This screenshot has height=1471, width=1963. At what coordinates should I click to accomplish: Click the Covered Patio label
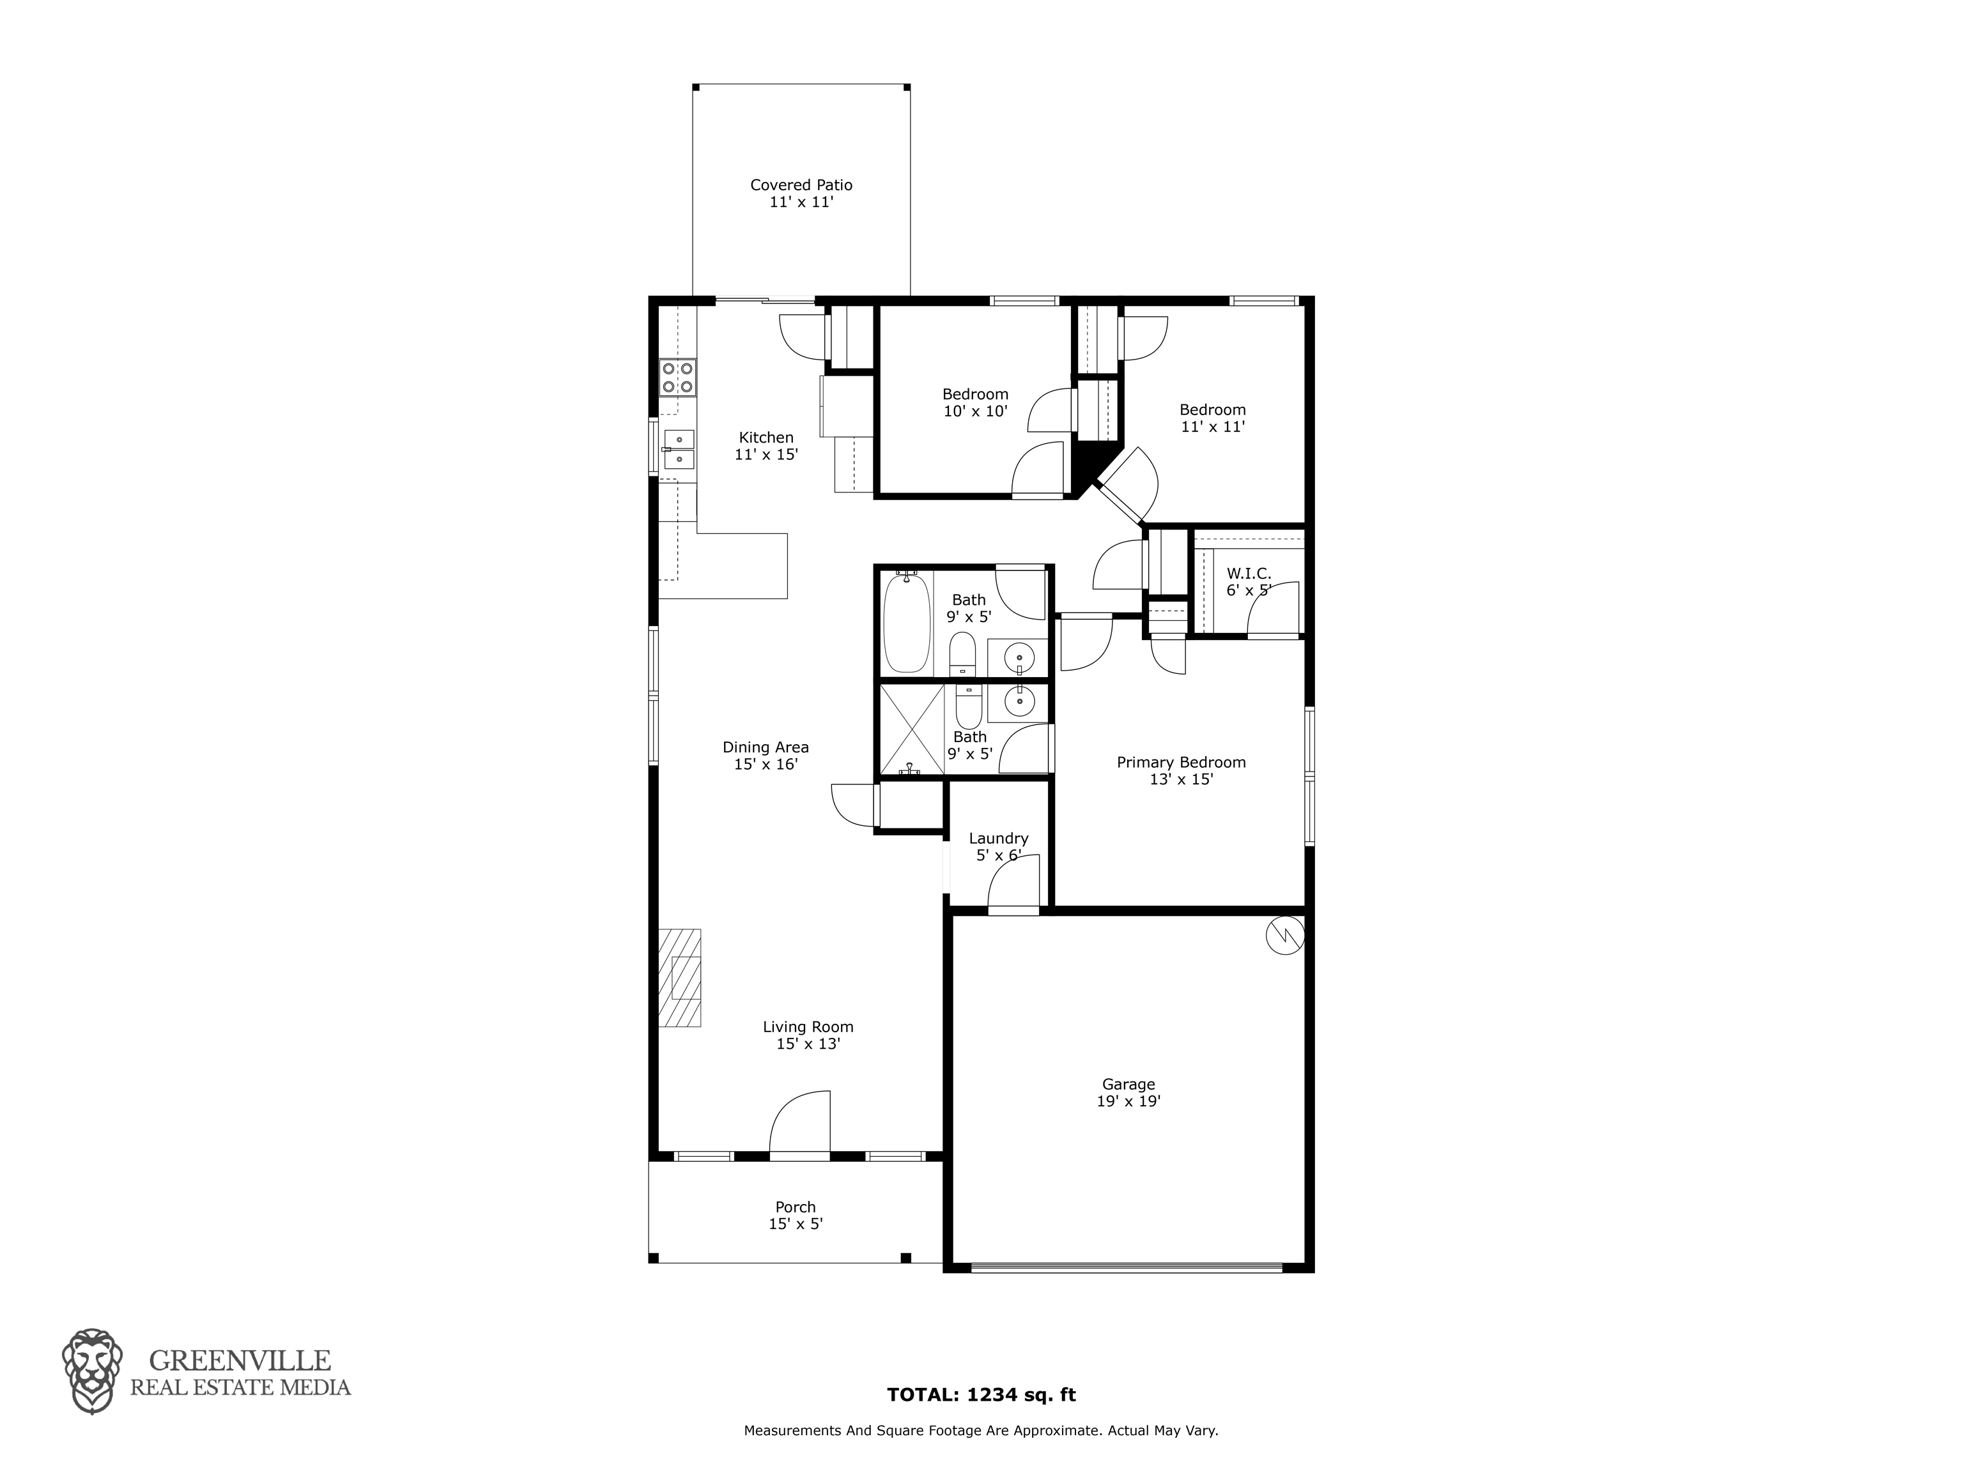click(801, 194)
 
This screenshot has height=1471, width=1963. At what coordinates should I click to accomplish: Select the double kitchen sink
click(679, 449)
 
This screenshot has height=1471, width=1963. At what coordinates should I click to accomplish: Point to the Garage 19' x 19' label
click(1129, 1092)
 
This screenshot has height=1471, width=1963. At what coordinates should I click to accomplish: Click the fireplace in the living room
click(680, 978)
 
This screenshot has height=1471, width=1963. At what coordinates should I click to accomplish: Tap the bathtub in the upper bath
click(906, 623)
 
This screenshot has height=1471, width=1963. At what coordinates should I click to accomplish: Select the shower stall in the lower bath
click(911, 728)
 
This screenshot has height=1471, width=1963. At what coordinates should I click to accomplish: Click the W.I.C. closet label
click(1249, 582)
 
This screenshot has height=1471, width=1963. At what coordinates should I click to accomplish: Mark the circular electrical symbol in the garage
click(1283, 935)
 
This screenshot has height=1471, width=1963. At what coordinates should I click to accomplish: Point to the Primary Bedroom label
click(1181, 770)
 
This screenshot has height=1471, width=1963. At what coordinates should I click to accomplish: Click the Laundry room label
click(998, 846)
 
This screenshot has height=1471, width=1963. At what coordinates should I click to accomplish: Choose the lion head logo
click(92, 1371)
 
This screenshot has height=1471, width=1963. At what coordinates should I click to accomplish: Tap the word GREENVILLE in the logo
click(240, 1360)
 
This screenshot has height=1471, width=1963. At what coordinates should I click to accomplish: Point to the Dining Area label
click(766, 755)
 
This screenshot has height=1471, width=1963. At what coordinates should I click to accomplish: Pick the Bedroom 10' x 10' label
click(975, 402)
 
